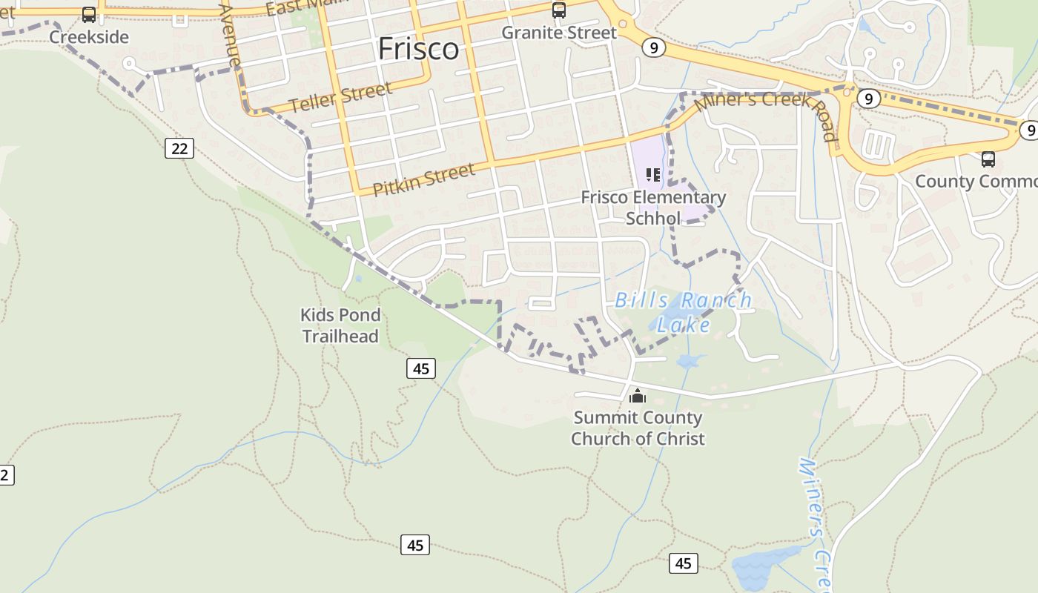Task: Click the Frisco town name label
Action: coord(418,49)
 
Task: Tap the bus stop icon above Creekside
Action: coord(89,15)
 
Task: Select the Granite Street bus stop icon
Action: coord(559,10)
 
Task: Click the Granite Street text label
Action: coord(559,33)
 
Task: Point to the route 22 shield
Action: coord(179,148)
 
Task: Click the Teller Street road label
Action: coord(340,98)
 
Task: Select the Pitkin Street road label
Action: coord(423,180)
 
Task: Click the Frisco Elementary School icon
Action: coord(653,175)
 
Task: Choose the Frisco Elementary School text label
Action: coord(653,208)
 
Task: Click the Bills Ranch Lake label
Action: coord(684,312)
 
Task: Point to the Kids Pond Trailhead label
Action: coord(340,325)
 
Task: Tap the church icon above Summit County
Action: coord(638,396)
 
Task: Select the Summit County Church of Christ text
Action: coord(638,428)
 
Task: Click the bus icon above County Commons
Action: coord(988,159)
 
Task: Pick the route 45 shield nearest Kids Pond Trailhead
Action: coord(421,368)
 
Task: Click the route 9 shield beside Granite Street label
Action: coord(652,48)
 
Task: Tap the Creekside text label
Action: coord(89,37)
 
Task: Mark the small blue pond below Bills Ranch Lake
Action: coord(690,362)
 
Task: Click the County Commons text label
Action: coord(976,181)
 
